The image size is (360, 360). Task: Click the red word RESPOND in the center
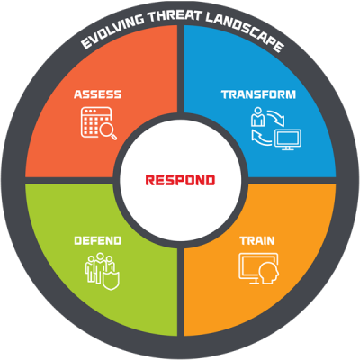180,180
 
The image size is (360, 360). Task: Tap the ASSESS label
97,94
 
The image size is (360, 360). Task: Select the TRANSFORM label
258,94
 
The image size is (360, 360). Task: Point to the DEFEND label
97,240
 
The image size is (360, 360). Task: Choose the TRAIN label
257,240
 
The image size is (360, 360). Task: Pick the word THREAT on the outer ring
175,15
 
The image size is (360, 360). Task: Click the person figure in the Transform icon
257,116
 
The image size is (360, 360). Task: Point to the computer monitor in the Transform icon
288,139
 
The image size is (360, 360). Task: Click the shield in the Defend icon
111,281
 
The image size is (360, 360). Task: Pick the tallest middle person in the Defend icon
99,267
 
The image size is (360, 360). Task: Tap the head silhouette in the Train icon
269,273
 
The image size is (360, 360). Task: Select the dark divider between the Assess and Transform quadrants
180,69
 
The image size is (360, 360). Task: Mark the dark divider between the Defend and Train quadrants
180,292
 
